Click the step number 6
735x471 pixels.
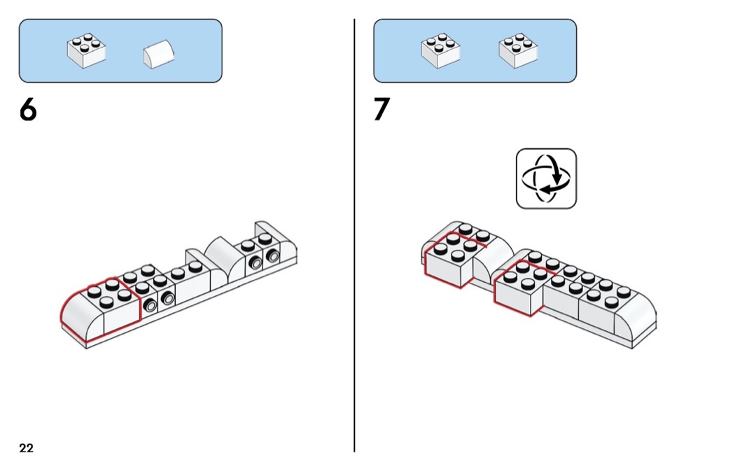[x=28, y=111]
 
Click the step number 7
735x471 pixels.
[x=381, y=111]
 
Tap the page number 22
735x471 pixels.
[x=26, y=448]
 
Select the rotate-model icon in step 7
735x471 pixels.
[x=546, y=178]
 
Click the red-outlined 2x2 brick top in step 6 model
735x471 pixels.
[x=111, y=294]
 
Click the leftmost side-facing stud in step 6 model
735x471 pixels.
[x=150, y=305]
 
